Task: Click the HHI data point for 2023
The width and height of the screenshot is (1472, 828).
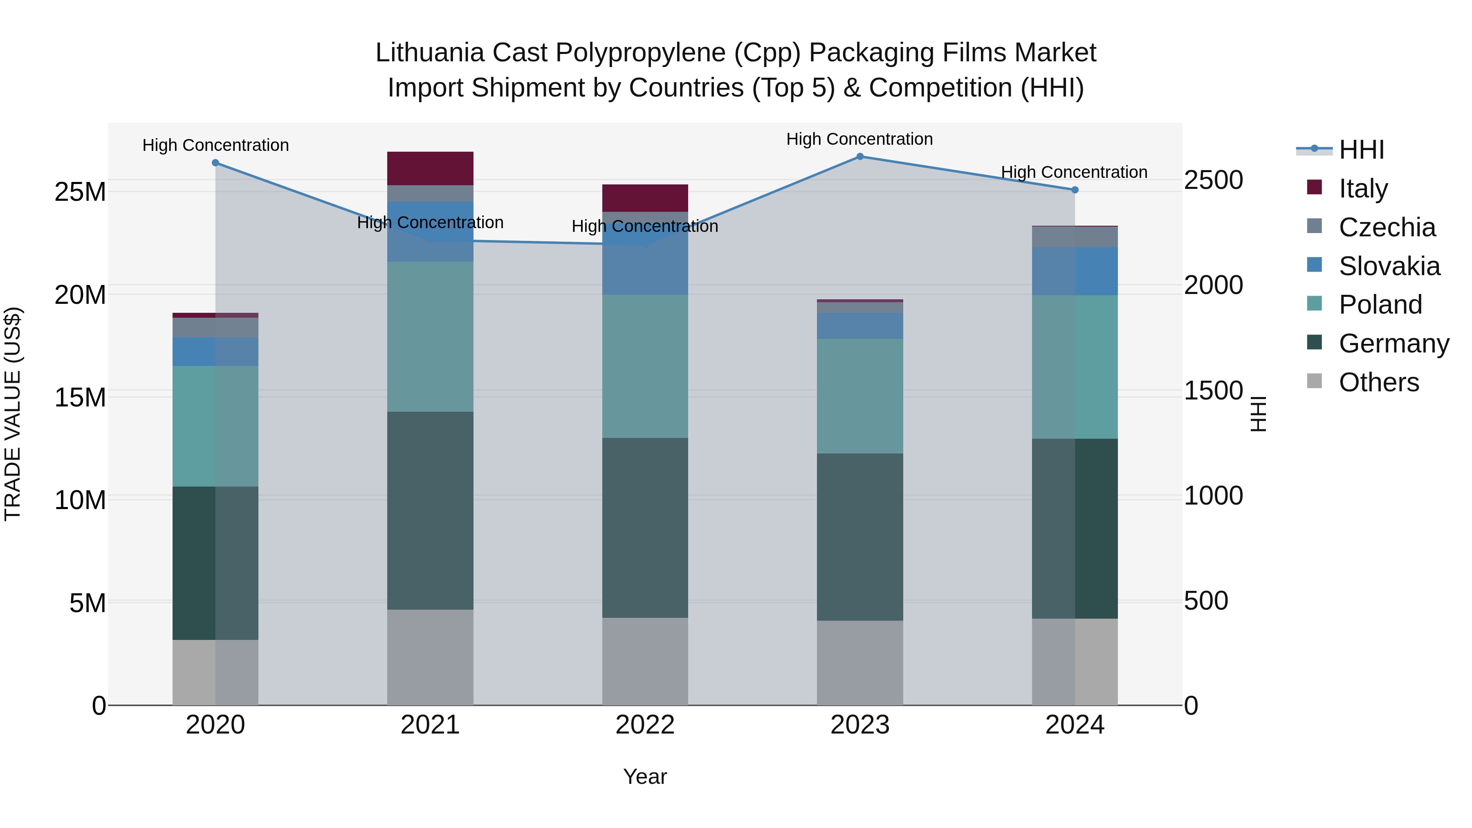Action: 859,157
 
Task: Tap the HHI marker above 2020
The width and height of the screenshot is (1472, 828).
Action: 215,163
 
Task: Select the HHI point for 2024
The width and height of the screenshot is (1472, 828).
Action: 1075,190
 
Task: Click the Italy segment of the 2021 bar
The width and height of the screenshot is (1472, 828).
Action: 430,168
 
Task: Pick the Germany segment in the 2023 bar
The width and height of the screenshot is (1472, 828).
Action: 859,537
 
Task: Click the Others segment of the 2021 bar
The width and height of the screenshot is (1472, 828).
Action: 430,657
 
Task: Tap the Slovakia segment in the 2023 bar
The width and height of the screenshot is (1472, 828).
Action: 859,326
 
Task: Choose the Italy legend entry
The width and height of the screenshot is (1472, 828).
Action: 1363,188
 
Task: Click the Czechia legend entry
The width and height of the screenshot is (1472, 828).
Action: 1387,227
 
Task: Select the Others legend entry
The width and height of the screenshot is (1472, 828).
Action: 1378,382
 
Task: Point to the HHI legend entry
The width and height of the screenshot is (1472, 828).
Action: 1361,150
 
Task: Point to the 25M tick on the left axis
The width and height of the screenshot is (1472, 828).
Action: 80,192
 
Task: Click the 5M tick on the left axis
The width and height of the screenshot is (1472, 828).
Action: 88,603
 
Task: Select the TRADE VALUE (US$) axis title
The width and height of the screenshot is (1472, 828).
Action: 13,414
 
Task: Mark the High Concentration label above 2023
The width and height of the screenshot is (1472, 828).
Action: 859,139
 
